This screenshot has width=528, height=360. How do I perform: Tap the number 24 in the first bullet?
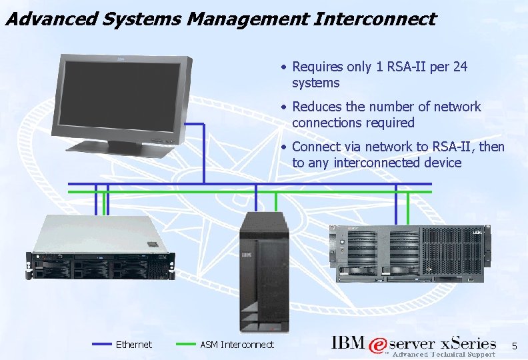click(x=460, y=67)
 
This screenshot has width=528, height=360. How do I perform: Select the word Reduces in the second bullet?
click(x=315, y=107)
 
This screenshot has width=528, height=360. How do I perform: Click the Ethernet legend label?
click(x=134, y=345)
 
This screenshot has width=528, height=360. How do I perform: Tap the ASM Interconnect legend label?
click(x=237, y=345)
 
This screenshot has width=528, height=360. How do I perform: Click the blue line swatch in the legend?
click(x=101, y=345)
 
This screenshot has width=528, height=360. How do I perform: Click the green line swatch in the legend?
click(x=185, y=345)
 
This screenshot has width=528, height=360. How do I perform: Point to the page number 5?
click(x=514, y=345)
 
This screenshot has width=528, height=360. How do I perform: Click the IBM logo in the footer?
click(x=348, y=343)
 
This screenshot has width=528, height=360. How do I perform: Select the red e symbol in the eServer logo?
click(x=379, y=345)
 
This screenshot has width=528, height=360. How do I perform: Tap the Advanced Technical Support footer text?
click(x=443, y=355)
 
